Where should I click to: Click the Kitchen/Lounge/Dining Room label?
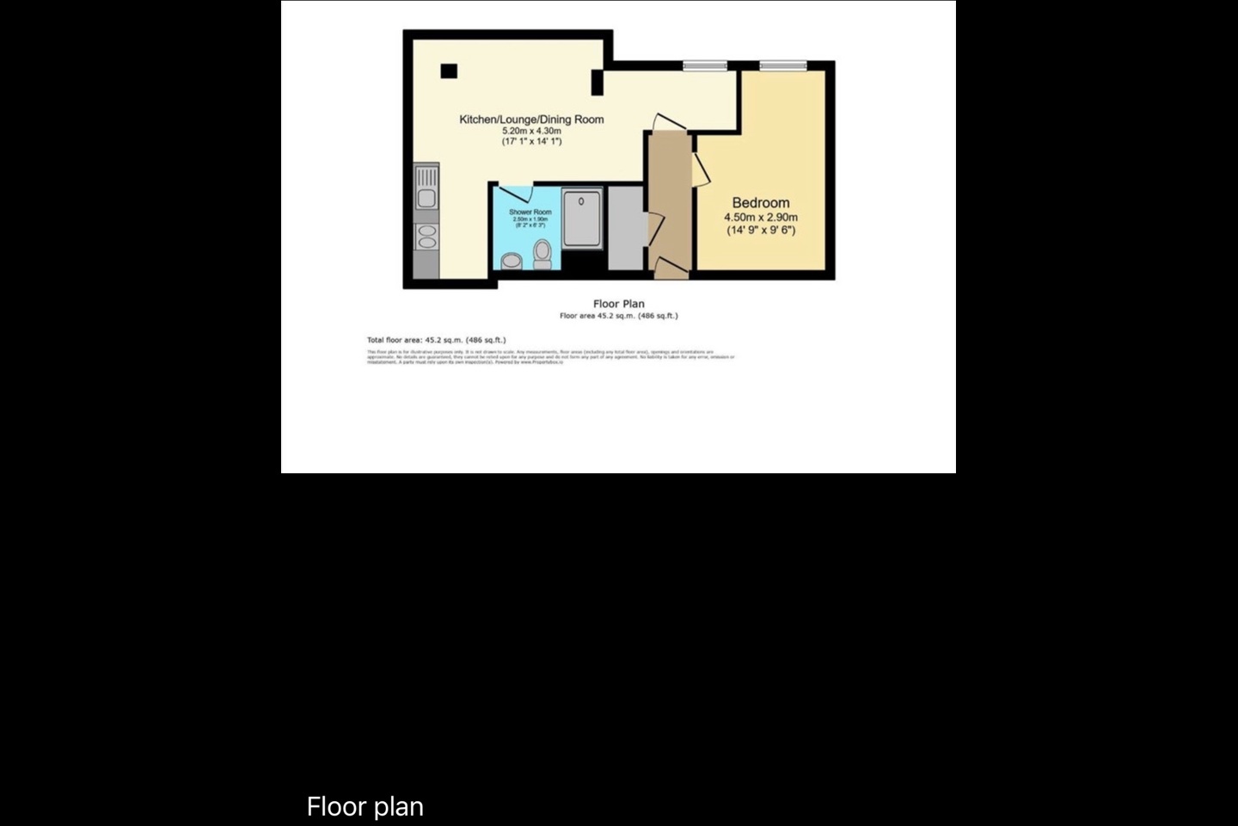pyautogui.click(x=531, y=120)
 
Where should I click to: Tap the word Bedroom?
pyautogui.click(x=761, y=203)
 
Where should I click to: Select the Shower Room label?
pyautogui.click(x=530, y=212)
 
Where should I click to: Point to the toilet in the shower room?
pyautogui.click(x=542, y=253)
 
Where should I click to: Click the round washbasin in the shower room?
pyautogui.click(x=512, y=261)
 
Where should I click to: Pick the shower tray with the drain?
pyautogui.click(x=582, y=219)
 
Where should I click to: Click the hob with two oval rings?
pyautogui.click(x=426, y=236)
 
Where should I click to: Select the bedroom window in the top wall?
pyautogui.click(x=783, y=65)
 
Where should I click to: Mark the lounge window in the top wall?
pyautogui.click(x=705, y=65)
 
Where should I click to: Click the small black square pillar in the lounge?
pyautogui.click(x=449, y=71)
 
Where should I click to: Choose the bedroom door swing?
pyautogui.click(x=701, y=170)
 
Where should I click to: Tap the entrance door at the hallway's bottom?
pyautogui.click(x=671, y=268)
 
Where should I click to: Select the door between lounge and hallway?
pyautogui.click(x=669, y=122)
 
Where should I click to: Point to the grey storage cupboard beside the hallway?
pyautogui.click(x=625, y=228)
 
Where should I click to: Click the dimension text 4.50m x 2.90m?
pyautogui.click(x=761, y=218)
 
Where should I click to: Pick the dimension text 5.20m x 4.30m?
pyautogui.click(x=531, y=131)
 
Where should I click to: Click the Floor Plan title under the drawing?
pyautogui.click(x=618, y=304)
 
